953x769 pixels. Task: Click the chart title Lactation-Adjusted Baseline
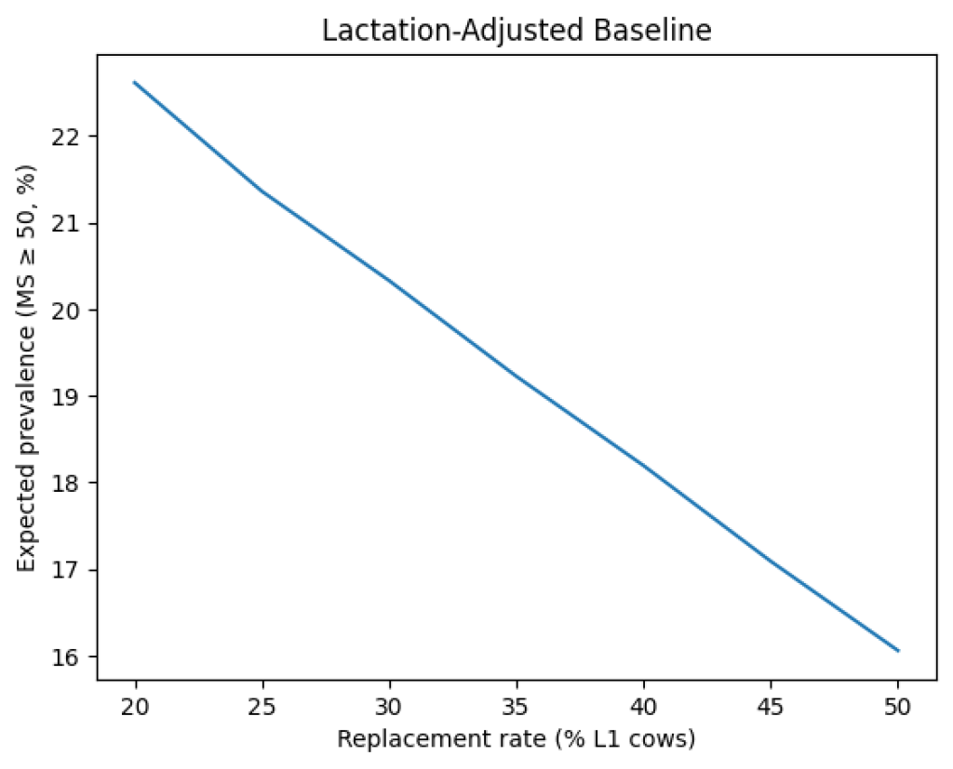tap(517, 30)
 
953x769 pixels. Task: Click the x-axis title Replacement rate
tap(517, 739)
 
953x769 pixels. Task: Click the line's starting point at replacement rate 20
tap(135, 82)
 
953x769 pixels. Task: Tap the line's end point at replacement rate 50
tap(898, 651)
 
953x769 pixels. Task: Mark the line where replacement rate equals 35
tap(517, 377)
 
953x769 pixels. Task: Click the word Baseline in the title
tap(662, 30)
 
